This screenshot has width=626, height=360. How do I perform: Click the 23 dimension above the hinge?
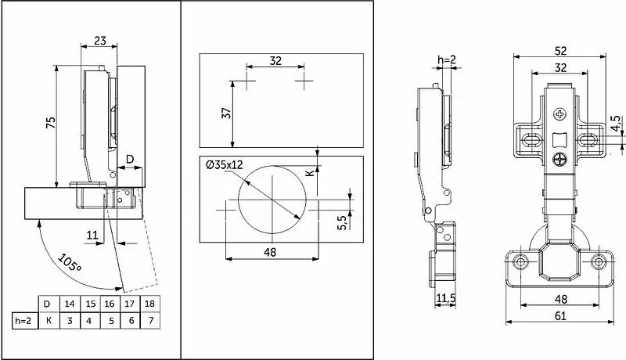click(x=100, y=41)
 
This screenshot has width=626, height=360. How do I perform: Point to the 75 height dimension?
click(x=51, y=123)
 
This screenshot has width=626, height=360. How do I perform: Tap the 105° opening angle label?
click(x=70, y=263)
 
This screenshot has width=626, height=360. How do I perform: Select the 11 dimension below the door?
click(x=92, y=235)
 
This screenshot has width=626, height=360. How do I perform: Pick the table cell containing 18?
click(x=149, y=304)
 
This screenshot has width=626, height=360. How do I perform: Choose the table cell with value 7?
click(x=150, y=321)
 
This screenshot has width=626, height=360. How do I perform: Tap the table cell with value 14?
click(x=70, y=304)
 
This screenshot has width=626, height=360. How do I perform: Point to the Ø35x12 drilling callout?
click(x=225, y=165)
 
